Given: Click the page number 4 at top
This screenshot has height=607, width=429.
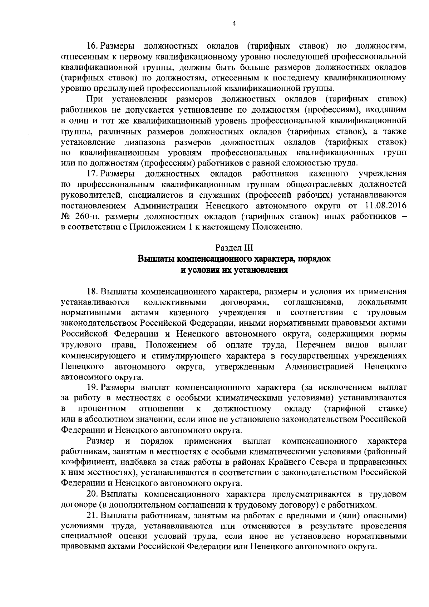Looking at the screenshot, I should tap(234, 24).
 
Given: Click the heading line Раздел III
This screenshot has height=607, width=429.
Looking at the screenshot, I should tap(234, 247).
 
